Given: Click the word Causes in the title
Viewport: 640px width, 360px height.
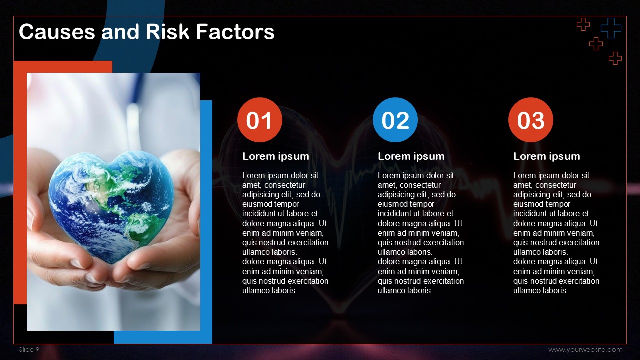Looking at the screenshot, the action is tap(57, 31).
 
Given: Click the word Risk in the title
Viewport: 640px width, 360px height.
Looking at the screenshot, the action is tap(167, 31).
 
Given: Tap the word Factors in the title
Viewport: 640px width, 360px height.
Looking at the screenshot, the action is tap(235, 31).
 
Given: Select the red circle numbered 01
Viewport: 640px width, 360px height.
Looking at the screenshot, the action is tap(259, 120).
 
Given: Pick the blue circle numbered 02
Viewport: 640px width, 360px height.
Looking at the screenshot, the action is tap(395, 120).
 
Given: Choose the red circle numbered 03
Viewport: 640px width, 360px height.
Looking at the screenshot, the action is tap(531, 120).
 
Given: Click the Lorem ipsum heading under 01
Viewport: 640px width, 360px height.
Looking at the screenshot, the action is tap(275, 156).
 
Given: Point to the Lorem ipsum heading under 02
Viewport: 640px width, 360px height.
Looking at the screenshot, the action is tap(411, 156).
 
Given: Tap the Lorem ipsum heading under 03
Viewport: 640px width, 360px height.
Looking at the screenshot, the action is tap(547, 156).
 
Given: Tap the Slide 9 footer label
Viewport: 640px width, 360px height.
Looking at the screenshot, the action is tap(29, 349).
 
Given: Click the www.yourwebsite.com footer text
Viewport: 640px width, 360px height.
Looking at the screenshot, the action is tap(585, 349).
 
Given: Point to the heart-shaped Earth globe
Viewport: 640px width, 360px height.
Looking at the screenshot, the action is tap(111, 206).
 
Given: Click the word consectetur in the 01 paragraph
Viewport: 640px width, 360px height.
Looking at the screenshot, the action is tap(285, 185).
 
